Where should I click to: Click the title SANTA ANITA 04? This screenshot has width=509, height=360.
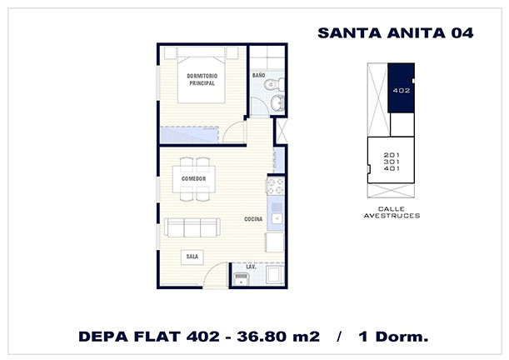(x=396, y=33)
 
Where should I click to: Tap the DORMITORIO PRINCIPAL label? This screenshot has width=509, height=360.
(x=202, y=79)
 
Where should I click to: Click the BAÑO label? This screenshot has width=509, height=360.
(x=259, y=75)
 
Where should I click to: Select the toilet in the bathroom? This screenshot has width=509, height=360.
(x=274, y=85)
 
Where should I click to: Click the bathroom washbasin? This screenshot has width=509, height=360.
(x=277, y=103)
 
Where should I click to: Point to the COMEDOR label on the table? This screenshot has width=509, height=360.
(x=194, y=179)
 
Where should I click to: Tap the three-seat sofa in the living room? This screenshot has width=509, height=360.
(x=192, y=227)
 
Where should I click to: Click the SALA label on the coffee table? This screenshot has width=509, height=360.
(x=192, y=257)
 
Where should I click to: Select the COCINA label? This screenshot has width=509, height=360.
(x=253, y=219)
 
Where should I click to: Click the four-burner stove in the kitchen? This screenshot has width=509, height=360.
(x=275, y=187)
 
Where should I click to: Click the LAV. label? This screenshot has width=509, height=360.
(x=252, y=267)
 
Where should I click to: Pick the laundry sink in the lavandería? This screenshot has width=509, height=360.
(x=242, y=279)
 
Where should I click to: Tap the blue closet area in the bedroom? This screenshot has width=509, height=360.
(x=189, y=135)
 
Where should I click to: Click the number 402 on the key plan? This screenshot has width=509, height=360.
(x=402, y=91)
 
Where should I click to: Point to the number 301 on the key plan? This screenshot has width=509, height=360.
(x=392, y=162)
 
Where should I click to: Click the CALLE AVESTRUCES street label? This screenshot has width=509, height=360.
(x=392, y=212)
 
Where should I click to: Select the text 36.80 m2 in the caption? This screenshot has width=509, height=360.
(x=278, y=337)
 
